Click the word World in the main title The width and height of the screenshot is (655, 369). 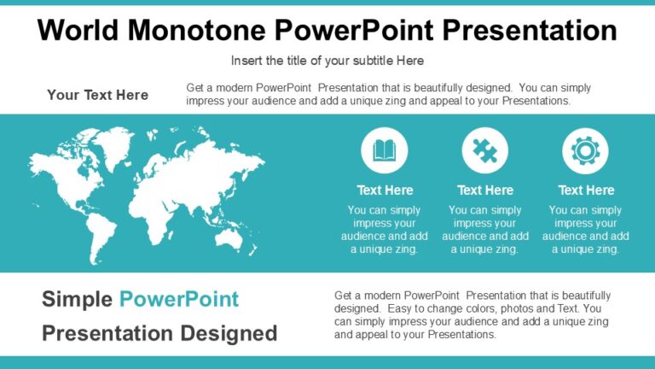(x=77, y=31)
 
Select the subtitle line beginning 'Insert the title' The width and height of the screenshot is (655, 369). (x=327, y=61)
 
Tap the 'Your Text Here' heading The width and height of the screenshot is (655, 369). (x=97, y=95)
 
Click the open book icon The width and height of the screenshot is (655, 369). (x=385, y=151)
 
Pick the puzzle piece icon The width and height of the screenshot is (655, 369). (x=485, y=151)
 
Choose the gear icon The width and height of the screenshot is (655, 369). (x=585, y=151)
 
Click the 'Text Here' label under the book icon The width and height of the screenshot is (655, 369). (x=385, y=190)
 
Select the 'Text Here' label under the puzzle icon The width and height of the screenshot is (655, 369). (x=485, y=190)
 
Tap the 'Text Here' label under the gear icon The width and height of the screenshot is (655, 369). (x=586, y=190)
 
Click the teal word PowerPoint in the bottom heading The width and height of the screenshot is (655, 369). (x=179, y=299)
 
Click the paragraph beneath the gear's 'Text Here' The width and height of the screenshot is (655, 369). (x=586, y=230)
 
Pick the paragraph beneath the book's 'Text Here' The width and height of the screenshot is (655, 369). (x=385, y=230)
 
